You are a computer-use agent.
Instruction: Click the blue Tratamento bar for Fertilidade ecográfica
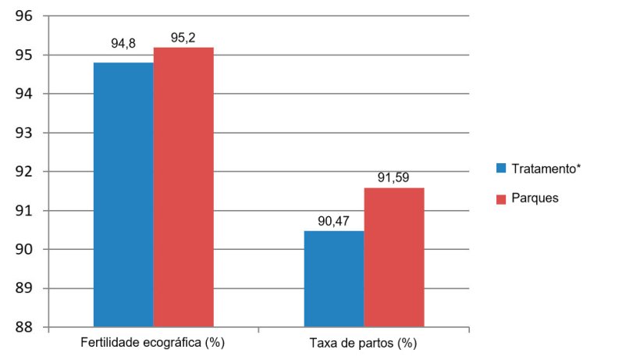pos(123,194)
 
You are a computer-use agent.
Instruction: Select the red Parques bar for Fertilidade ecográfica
pos(183,187)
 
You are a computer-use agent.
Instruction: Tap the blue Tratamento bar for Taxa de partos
pos(334,279)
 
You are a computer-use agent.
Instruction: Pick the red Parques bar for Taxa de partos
pos(394,257)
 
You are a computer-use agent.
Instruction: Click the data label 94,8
pos(123,44)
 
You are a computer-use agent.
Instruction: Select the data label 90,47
pos(334,221)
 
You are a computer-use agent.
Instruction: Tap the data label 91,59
pos(394,177)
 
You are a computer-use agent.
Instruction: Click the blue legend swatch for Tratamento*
pos(501,168)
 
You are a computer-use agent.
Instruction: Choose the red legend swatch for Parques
pos(501,198)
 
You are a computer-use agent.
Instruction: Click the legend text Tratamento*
pos(547,168)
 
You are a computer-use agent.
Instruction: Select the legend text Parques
pos(535,198)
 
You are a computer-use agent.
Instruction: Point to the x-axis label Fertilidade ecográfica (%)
pos(153,344)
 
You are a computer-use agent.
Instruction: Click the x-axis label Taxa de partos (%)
pos(363,344)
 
